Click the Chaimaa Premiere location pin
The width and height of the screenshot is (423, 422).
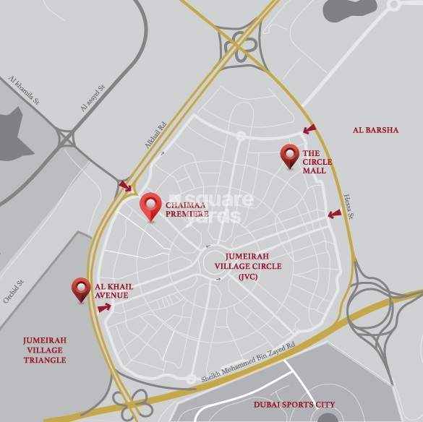click(150, 205)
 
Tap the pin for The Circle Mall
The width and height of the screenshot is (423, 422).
click(290, 155)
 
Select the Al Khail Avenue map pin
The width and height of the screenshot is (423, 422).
click(81, 288)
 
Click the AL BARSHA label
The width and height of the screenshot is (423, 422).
click(375, 130)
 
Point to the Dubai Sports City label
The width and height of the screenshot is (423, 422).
click(294, 405)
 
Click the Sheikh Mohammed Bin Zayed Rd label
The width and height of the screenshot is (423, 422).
click(249, 362)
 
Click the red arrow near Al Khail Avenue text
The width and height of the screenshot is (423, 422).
click(104, 307)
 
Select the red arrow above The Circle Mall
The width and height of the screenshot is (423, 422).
click(309, 129)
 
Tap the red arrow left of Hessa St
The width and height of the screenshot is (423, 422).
click(333, 214)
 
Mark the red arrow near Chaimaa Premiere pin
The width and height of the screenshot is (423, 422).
click(126, 186)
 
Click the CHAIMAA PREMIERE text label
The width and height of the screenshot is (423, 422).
click(187, 210)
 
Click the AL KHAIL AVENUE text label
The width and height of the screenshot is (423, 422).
click(114, 291)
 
